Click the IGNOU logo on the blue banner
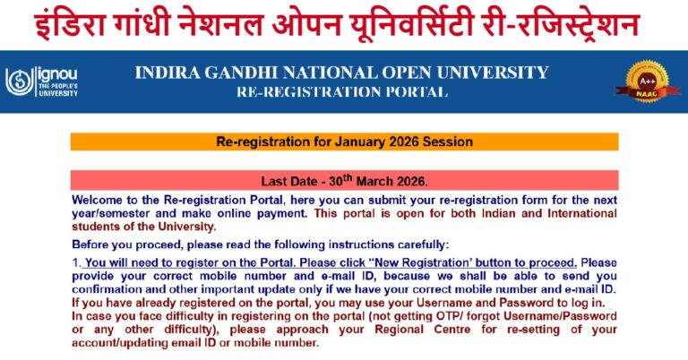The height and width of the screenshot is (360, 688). (41, 82)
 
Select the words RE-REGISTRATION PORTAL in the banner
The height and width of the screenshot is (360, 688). (341, 92)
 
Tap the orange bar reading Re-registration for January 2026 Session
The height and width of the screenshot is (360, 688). (345, 141)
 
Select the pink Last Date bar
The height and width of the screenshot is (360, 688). (345, 179)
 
